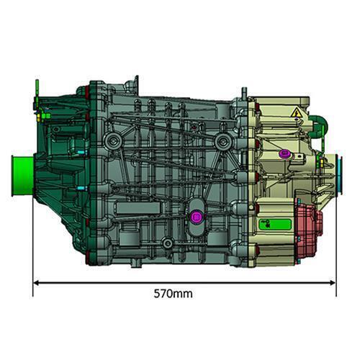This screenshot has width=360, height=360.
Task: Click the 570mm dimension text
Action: coord(174,294)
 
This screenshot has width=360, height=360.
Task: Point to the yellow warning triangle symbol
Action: coord(295,114)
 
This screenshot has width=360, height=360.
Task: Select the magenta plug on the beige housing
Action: coord(283,153)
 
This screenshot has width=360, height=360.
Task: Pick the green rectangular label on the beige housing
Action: coord(275,223)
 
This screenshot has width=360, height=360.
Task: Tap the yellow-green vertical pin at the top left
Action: coord(34,92)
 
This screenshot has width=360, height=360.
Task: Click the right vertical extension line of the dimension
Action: coord(336,245)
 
